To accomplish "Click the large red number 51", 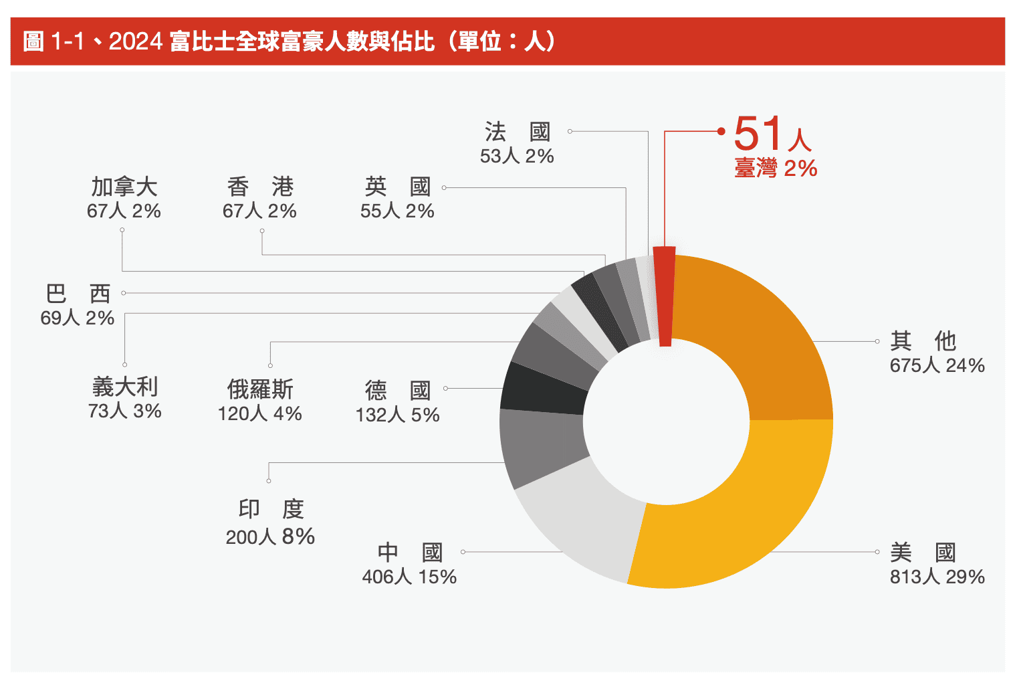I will [758, 133].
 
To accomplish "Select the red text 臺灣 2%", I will [776, 169].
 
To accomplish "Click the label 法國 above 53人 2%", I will [517, 132].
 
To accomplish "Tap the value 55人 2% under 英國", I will [397, 211].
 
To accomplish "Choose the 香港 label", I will [260, 187].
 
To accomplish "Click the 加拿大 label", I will [124, 187].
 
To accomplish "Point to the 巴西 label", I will [78, 294].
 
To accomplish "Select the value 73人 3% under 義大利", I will [124, 411].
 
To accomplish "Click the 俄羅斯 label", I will [260, 389].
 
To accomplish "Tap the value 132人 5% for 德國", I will [397, 415].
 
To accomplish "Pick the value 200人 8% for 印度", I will [270, 537].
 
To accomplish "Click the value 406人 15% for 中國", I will [409, 577].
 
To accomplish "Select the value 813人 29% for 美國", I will [937, 577].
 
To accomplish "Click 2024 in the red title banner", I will [136, 41].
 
